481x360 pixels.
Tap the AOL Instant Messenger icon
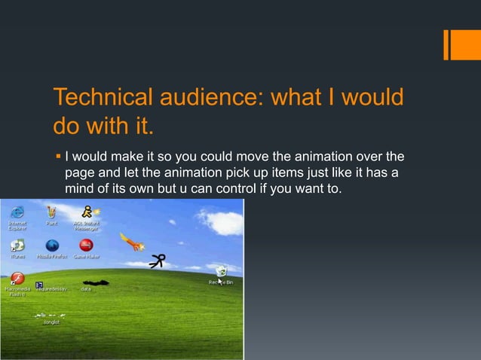click(89, 211)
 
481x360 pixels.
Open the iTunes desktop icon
click(17, 246)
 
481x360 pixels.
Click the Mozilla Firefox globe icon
click(52, 246)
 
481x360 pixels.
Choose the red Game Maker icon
click(87, 246)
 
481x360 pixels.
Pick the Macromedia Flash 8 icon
click(15, 276)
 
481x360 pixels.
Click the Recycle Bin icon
click(222, 271)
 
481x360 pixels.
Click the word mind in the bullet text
click(78, 187)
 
